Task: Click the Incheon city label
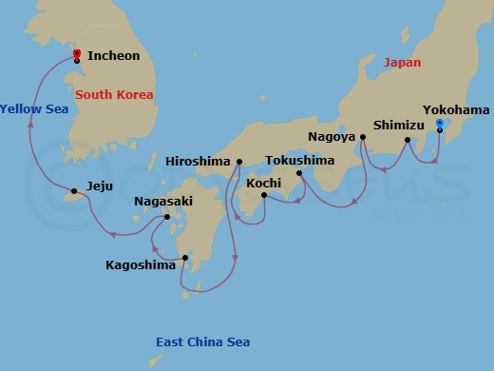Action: pyautogui.click(x=113, y=56)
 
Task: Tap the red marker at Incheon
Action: pyautogui.click(x=76, y=54)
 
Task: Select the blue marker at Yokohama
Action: pyautogui.click(x=439, y=124)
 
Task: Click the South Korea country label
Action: pyautogui.click(x=114, y=95)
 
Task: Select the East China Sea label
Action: pyautogui.click(x=202, y=342)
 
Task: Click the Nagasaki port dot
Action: pyautogui.click(x=168, y=217)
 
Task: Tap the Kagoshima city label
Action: pyautogui.click(x=141, y=265)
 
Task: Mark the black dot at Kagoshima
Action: pyautogui.click(x=185, y=257)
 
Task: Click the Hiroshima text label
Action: pyautogui.click(x=199, y=161)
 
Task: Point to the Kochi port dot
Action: pyautogui.click(x=263, y=195)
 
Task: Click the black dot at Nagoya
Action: pyautogui.click(x=363, y=137)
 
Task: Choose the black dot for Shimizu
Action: pyautogui.click(x=407, y=141)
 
